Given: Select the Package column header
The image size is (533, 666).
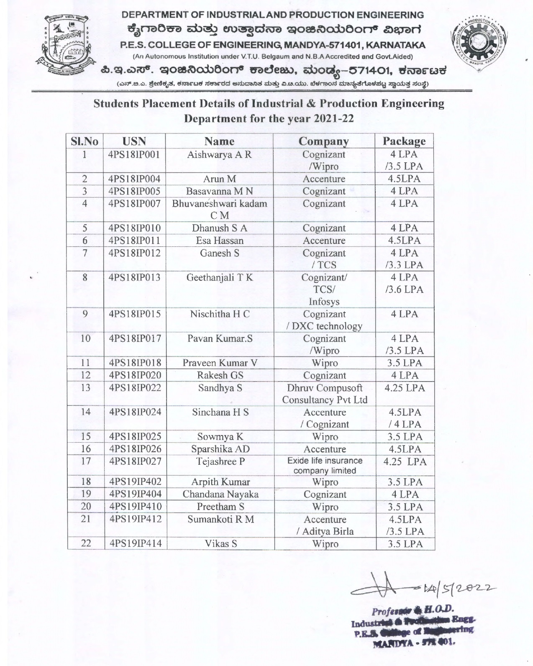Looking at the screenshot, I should (404, 141).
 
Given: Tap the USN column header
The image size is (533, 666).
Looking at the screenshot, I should (134, 141).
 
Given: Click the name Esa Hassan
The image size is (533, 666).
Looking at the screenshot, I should (220, 241).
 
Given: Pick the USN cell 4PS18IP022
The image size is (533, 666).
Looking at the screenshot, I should (135, 388).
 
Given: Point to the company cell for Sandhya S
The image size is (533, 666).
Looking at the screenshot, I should (325, 394).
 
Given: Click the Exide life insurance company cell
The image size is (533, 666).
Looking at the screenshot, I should (325, 466).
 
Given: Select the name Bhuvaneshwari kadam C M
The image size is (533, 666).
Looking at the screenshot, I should (220, 210).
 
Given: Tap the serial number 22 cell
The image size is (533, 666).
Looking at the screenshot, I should (86, 543).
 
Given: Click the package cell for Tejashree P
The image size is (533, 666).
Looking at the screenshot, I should (405, 462).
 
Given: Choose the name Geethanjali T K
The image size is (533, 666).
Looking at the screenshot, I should (220, 277).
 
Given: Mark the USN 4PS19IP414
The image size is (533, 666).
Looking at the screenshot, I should (135, 543).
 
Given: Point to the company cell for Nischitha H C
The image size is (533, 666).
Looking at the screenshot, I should (325, 320).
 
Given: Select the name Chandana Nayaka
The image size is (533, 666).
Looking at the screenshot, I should (220, 494).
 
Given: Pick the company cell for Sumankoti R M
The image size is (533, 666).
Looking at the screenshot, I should (325, 525).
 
